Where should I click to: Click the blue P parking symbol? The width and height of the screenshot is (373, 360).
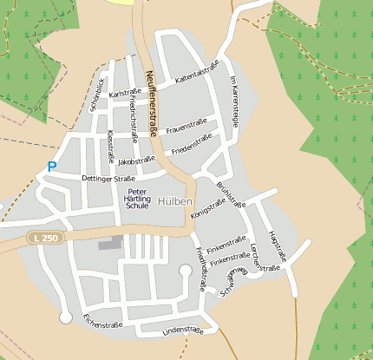point(52,167)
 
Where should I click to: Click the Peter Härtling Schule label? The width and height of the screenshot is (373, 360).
point(138,199)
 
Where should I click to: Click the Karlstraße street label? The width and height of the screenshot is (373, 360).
point(126,91)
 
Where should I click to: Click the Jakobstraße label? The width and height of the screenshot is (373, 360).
point(136,160)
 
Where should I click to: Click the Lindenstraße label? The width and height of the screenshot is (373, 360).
point(183,331)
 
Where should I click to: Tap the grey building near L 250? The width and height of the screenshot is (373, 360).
point(109,245)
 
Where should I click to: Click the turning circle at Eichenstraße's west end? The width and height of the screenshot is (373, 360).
point(66,318)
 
